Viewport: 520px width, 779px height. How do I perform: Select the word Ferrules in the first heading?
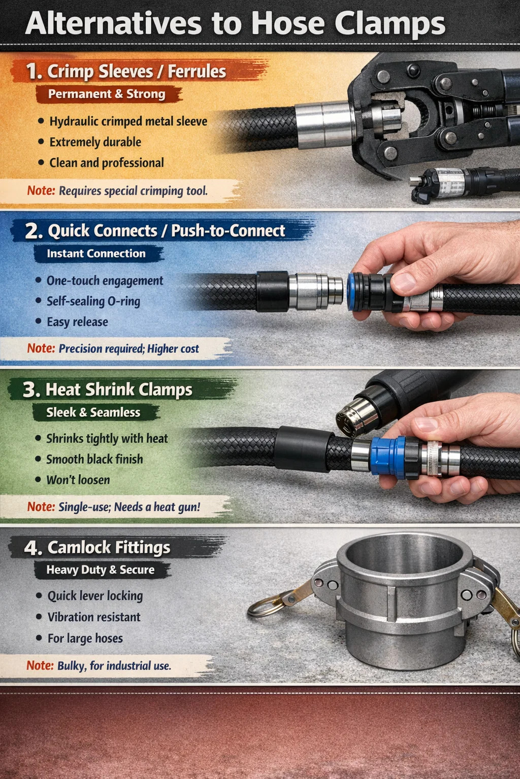[x=197, y=72]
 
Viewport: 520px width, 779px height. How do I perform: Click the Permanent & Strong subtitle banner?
[x=107, y=94]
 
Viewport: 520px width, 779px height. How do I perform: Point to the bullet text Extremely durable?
[x=95, y=142]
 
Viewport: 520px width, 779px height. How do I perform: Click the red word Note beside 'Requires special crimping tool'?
[x=41, y=191]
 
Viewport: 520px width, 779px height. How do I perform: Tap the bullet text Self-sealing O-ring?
[x=93, y=301]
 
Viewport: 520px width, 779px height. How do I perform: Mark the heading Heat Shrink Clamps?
[x=119, y=389]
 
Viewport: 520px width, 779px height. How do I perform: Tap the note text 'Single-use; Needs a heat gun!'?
[x=129, y=507]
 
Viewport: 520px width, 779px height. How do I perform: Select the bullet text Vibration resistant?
[x=94, y=617]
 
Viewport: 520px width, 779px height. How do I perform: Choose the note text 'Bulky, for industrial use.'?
[x=114, y=665]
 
